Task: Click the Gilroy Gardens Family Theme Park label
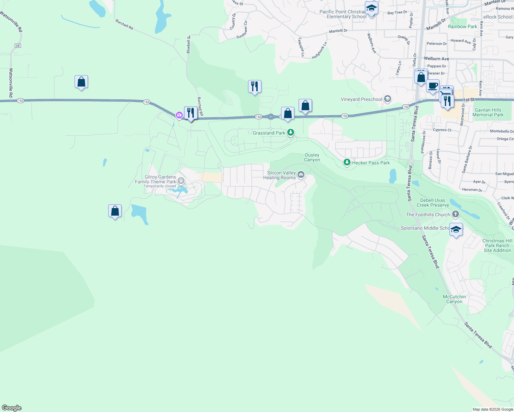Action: (156, 180)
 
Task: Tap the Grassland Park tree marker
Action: (291, 132)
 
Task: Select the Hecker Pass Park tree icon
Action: (347, 162)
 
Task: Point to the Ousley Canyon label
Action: (312, 158)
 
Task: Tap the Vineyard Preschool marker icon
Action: (388, 100)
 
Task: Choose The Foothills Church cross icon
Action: (456, 215)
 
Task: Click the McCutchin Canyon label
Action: (454, 299)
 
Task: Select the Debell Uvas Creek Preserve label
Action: (433, 203)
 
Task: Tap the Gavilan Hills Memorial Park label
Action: (488, 113)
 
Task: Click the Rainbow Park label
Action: (462, 26)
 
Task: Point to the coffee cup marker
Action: (433, 86)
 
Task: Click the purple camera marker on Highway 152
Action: (179, 115)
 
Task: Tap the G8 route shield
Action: (18, 46)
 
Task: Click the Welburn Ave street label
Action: (436, 59)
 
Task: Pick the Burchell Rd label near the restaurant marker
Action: (200, 106)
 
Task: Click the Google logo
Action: (12, 408)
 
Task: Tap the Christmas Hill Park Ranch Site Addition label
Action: (497, 245)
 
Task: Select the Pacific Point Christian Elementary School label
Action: (343, 14)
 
